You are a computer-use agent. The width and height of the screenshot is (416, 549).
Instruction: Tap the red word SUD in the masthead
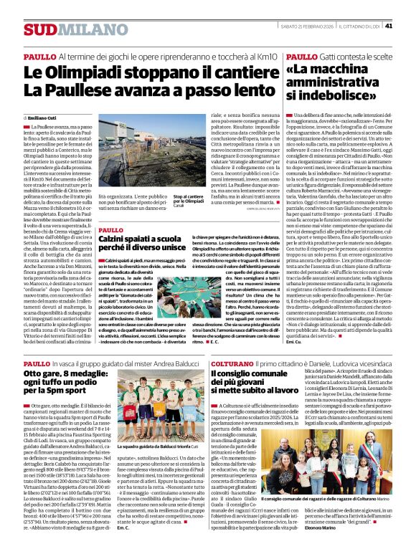tap(39, 29)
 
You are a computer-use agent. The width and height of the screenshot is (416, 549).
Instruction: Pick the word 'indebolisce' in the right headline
tap(332, 95)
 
